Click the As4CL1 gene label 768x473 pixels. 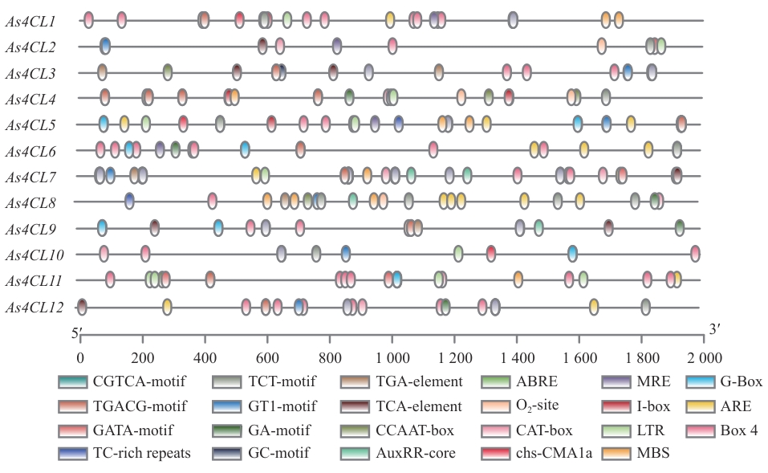coord(30,21)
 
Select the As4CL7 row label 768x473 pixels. coord(30,177)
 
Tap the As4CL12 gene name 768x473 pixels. coord(32,307)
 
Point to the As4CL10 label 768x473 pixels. coord(32,255)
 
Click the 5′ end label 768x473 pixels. coord(77,332)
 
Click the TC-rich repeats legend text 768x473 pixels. coord(141,453)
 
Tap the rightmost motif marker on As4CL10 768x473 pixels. coord(695,255)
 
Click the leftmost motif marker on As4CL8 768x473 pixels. coord(129,201)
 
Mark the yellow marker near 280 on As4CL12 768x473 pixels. coord(167,306)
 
